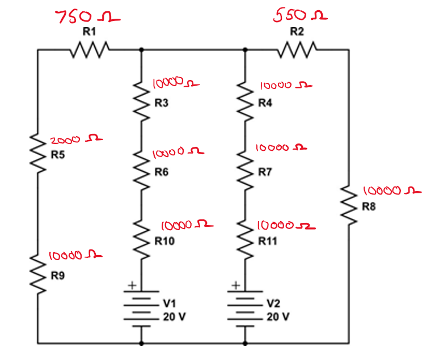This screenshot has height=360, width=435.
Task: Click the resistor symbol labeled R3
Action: point(141,100)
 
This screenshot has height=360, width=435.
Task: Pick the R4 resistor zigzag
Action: point(245,100)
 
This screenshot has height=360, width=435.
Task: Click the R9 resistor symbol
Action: point(38,273)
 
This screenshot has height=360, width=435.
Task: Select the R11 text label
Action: point(268,241)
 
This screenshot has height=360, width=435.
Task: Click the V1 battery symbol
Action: point(141,309)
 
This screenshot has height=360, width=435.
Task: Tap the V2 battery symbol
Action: point(245,309)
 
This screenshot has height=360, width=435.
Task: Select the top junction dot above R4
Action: point(245,50)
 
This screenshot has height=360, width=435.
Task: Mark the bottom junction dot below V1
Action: point(141,343)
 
